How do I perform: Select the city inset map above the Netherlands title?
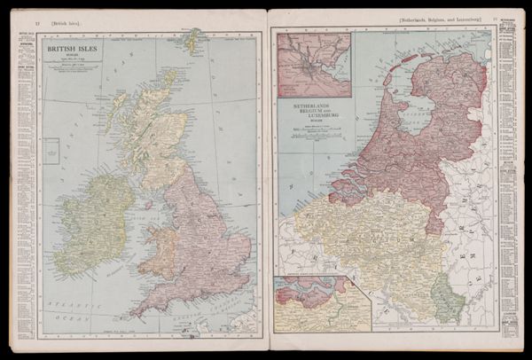point(313,65)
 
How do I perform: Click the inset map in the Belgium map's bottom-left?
point(320,302)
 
